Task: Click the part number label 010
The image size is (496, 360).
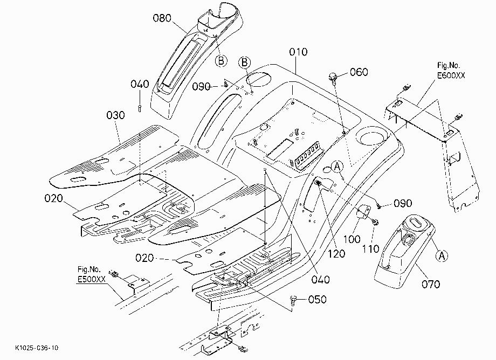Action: [298, 52]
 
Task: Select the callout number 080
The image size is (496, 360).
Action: [162, 18]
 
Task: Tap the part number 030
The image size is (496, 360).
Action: [115, 115]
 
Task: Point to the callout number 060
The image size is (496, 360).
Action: [359, 72]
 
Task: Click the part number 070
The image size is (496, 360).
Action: [431, 284]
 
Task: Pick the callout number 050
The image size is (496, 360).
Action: [317, 299]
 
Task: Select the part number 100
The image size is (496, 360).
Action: [352, 239]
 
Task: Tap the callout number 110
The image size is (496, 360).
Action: [370, 249]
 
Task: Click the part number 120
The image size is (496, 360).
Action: [336, 253]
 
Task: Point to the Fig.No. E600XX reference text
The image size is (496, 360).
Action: [451, 70]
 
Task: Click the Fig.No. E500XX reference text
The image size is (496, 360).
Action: [92, 274]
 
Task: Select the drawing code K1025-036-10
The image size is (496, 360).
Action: [37, 348]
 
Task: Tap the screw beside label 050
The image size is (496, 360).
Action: [293, 300]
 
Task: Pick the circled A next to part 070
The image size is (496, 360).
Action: [442, 255]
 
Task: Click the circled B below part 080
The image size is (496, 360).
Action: [221, 60]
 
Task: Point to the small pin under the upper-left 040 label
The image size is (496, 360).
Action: [140, 108]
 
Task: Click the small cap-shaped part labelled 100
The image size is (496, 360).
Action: [363, 211]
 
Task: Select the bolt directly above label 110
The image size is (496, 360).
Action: [375, 222]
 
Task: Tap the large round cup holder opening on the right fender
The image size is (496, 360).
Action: [371, 135]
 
